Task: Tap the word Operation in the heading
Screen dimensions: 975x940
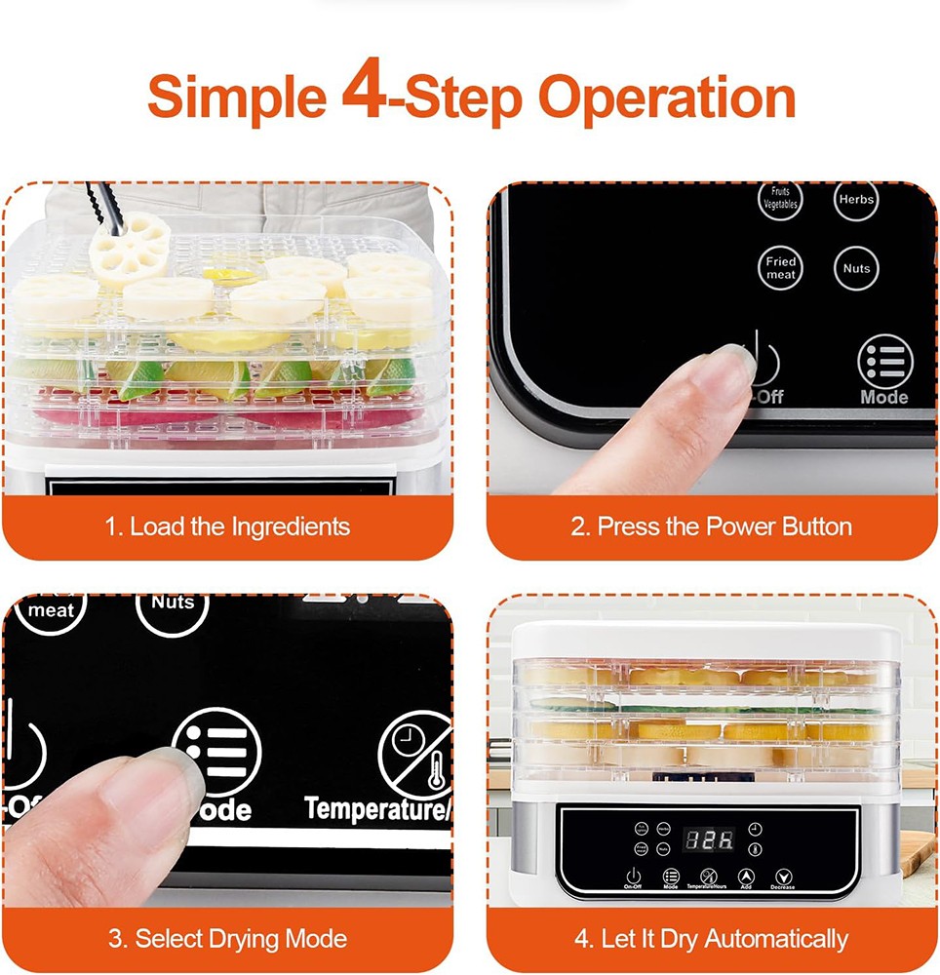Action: click(667, 97)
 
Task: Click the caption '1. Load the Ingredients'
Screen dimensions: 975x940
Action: click(226, 527)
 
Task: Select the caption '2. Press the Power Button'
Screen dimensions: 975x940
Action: click(711, 527)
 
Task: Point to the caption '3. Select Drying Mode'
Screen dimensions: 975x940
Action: click(226, 940)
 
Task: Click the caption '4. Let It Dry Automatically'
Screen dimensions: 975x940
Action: click(711, 940)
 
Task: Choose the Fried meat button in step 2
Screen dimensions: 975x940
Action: click(780, 268)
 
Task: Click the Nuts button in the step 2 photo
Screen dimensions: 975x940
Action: click(856, 268)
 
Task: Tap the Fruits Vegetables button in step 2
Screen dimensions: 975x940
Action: click(780, 199)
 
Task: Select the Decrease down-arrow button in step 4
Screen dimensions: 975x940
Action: click(782, 876)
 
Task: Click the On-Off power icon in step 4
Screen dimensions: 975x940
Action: click(633, 876)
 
